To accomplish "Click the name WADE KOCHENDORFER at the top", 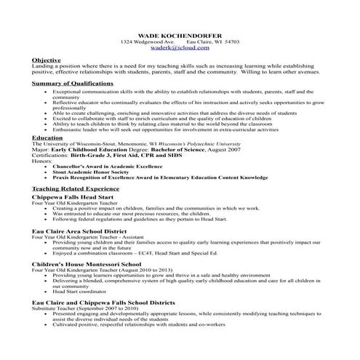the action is tap(180, 36).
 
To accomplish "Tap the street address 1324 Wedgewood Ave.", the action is tap(148, 42).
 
